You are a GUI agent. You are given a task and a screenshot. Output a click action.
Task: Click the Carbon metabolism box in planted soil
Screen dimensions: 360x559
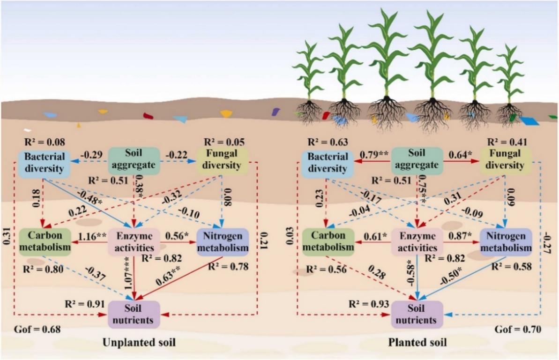[327, 240]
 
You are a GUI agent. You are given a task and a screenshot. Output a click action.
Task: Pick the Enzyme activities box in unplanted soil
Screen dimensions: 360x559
[134, 242]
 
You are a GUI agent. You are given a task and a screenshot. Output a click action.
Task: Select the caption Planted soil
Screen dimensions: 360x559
[417, 343]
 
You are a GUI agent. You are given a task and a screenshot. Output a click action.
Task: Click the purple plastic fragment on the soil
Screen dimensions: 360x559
[276, 112]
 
